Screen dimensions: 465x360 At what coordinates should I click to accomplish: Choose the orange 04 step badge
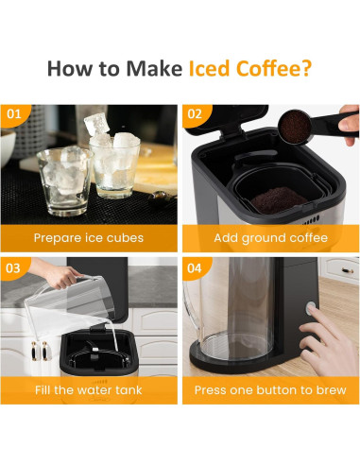[196, 267]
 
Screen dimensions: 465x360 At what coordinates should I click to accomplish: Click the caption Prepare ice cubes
[89, 237]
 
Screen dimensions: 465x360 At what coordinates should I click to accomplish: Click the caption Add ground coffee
[271, 237]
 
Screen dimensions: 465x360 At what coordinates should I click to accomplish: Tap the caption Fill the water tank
[89, 389]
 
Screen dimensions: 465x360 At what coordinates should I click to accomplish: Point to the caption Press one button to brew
[271, 389]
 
